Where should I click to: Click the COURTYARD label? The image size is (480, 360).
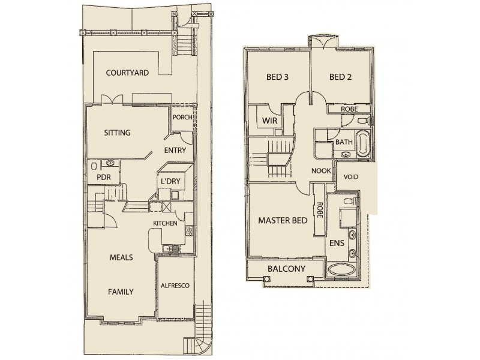click(x=127, y=73)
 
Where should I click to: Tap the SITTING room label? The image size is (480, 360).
click(x=118, y=133)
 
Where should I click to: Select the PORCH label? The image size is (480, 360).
click(x=182, y=117)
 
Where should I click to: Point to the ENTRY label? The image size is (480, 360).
click(x=175, y=151)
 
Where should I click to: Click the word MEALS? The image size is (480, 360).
click(x=121, y=257)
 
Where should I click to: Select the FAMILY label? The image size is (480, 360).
click(x=121, y=292)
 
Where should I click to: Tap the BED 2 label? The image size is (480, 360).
click(x=340, y=77)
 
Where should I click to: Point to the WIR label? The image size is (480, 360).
click(x=269, y=120)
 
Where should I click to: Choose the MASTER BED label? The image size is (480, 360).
click(x=283, y=220)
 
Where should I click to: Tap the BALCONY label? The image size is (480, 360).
click(x=286, y=269)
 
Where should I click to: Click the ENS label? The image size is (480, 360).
click(x=337, y=244)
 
